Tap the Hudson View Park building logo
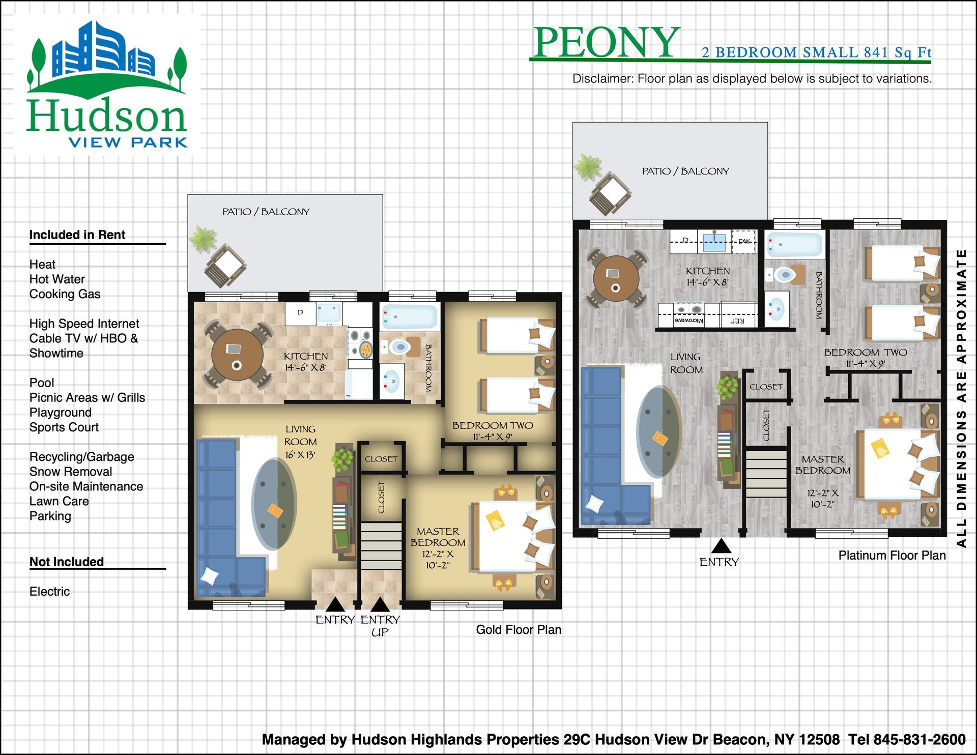[107, 84]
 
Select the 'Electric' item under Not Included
[49, 591]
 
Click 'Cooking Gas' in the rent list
[65, 294]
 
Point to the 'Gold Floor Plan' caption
[519, 629]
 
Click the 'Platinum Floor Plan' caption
[892, 555]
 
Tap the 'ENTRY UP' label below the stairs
[380, 626]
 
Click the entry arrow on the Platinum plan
[721, 546]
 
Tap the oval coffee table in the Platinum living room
[658, 432]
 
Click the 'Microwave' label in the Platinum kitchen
[688, 321]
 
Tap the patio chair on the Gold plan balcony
[225, 266]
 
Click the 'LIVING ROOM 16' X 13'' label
[300, 442]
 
